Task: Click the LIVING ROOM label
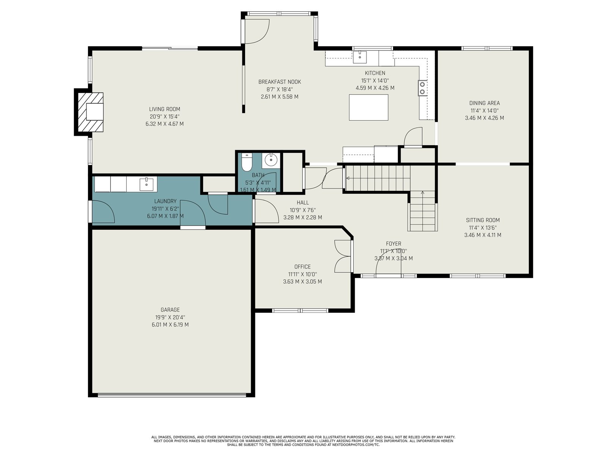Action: tap(165, 109)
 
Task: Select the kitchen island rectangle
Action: tap(368, 107)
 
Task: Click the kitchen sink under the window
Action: tap(360, 57)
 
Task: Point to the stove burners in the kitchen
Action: tap(423, 88)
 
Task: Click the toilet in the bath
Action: tap(247, 162)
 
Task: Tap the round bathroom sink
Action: tap(271, 160)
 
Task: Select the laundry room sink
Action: tap(146, 184)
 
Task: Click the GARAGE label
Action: tap(170, 310)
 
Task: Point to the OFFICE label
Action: tap(302, 267)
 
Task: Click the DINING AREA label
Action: tap(484, 103)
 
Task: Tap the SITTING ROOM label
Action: tap(483, 220)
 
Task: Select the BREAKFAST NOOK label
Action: tap(280, 82)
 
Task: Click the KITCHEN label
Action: tap(375, 73)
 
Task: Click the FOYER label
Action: tap(393, 244)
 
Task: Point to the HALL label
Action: tap(303, 202)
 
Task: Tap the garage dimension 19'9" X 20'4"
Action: tap(170, 317)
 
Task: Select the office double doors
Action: tap(343, 256)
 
